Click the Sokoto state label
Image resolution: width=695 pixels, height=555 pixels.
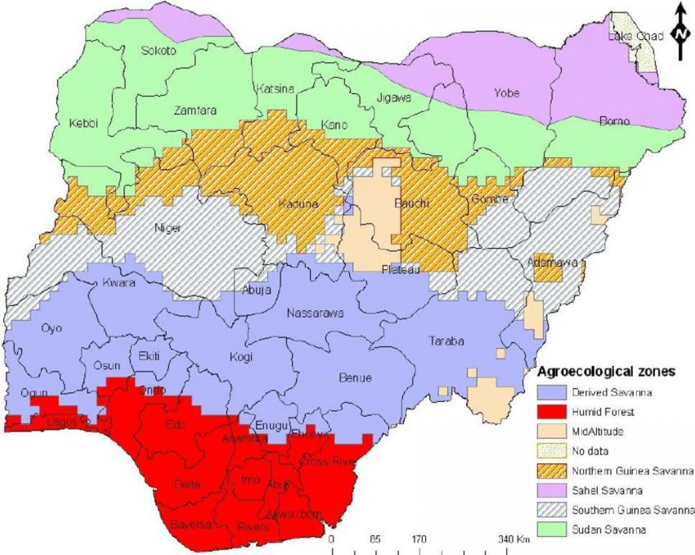158,51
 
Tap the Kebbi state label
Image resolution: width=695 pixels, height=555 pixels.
83,123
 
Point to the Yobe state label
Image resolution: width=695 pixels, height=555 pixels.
506,93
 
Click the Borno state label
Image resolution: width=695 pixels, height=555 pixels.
613,121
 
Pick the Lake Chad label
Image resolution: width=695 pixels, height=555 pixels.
635,37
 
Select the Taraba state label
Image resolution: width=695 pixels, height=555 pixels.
446,341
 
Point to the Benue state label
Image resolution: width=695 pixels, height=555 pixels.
354,378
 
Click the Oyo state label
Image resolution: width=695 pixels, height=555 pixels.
52,328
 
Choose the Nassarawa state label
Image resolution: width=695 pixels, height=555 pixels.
316,314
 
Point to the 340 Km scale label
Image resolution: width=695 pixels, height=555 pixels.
513,540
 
